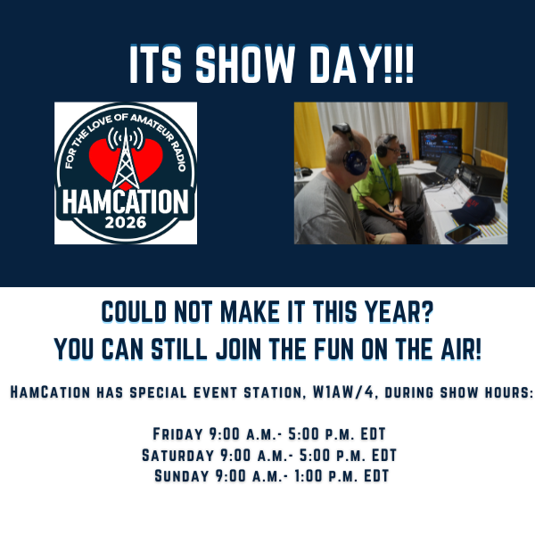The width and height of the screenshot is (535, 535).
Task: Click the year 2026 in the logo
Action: (125, 220)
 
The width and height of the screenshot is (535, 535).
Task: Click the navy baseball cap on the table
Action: (473, 211)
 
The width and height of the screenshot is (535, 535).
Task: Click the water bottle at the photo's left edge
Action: (299, 169)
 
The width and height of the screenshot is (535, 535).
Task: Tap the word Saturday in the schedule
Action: (176, 455)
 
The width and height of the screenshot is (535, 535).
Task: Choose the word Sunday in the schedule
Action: (181, 475)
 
